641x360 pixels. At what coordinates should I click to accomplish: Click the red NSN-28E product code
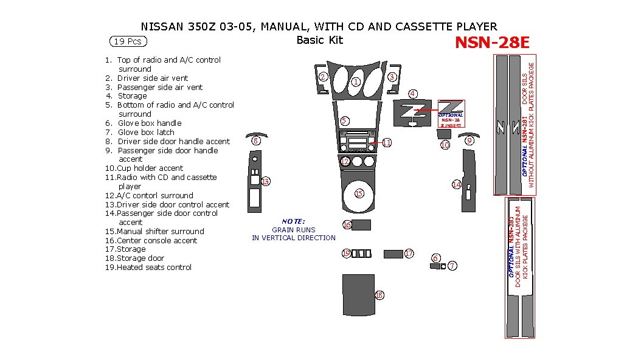492,42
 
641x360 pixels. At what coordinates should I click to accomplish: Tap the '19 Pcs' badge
128,41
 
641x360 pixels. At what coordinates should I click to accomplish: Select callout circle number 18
379,295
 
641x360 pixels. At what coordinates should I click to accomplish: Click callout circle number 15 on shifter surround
359,193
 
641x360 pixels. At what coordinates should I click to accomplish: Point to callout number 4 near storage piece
413,94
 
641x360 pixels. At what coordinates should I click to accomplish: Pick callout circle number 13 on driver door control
266,181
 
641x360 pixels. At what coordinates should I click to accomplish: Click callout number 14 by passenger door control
456,184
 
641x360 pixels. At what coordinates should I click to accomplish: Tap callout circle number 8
256,141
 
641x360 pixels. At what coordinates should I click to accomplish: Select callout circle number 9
469,140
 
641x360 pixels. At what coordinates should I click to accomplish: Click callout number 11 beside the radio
387,142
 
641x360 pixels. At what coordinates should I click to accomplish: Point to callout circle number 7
452,266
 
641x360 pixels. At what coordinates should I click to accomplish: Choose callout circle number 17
409,253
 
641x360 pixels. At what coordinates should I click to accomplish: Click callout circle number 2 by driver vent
324,77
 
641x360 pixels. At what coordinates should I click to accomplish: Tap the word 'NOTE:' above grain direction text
293,221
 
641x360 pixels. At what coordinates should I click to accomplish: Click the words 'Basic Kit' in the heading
320,40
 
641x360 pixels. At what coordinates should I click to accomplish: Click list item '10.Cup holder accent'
144,168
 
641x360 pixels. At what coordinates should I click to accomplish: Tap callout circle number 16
347,225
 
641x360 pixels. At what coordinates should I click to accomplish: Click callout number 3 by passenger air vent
392,77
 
